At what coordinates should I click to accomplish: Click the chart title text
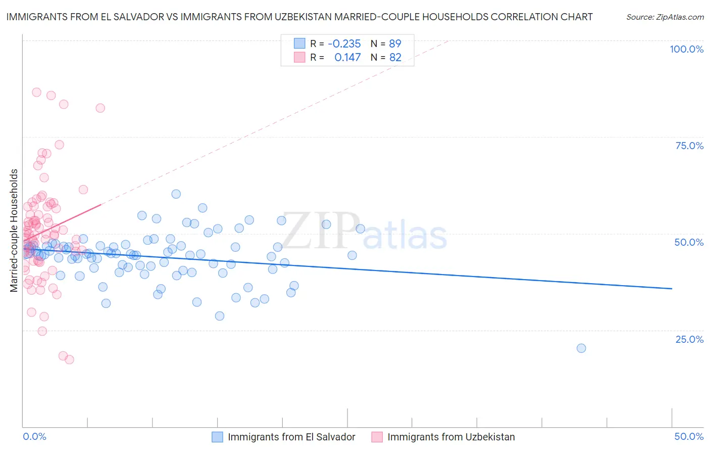299,17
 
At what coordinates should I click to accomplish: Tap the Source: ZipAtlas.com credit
665,17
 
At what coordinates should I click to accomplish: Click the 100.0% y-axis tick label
686,49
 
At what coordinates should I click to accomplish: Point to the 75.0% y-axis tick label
689,146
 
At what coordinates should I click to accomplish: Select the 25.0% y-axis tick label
689,339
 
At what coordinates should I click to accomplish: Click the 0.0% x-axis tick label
34,436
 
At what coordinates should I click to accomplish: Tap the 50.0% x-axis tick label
689,436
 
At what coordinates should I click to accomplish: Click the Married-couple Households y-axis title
14,231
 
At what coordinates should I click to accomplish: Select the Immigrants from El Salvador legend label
291,437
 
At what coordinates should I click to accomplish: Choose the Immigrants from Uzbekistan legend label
451,437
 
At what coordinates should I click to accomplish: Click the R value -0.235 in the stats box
344,43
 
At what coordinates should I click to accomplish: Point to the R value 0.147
347,58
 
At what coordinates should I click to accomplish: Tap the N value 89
395,43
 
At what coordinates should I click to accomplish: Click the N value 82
395,58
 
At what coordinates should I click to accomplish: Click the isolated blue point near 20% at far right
581,348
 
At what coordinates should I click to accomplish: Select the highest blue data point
176,194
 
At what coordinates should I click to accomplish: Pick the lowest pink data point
69,359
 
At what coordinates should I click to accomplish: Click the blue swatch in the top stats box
299,43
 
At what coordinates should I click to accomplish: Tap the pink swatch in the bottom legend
377,437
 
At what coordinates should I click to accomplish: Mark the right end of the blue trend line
672,288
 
